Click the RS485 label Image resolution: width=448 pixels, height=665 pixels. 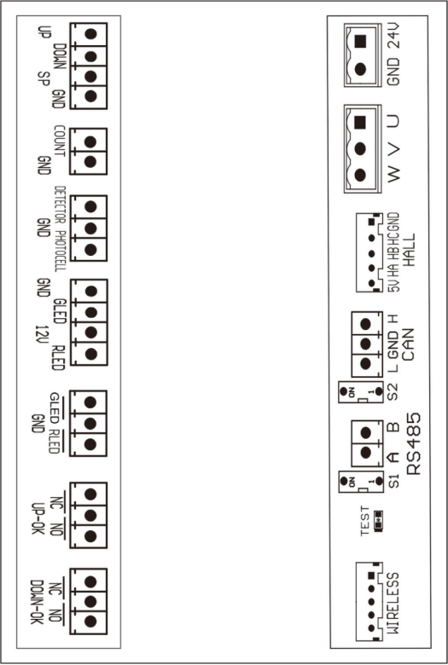pyautogui.click(x=414, y=444)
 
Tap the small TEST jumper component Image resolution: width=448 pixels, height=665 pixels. pyautogui.click(x=378, y=520)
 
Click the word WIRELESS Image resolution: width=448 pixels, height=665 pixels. pyautogui.click(x=393, y=603)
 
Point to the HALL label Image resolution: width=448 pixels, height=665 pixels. pyautogui.click(x=409, y=250)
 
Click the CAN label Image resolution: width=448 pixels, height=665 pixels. pyautogui.click(x=408, y=344)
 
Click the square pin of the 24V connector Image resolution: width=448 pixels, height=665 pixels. pyautogui.click(x=360, y=41)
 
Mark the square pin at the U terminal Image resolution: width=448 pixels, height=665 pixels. pyautogui.click(x=360, y=122)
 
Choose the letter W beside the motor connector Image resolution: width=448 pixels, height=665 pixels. pyautogui.click(x=394, y=174)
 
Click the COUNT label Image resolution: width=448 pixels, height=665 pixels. pyautogui.click(x=60, y=141)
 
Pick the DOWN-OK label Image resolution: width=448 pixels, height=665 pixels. pyautogui.click(x=38, y=601)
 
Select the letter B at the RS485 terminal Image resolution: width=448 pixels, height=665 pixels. pyautogui.click(x=394, y=426)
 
